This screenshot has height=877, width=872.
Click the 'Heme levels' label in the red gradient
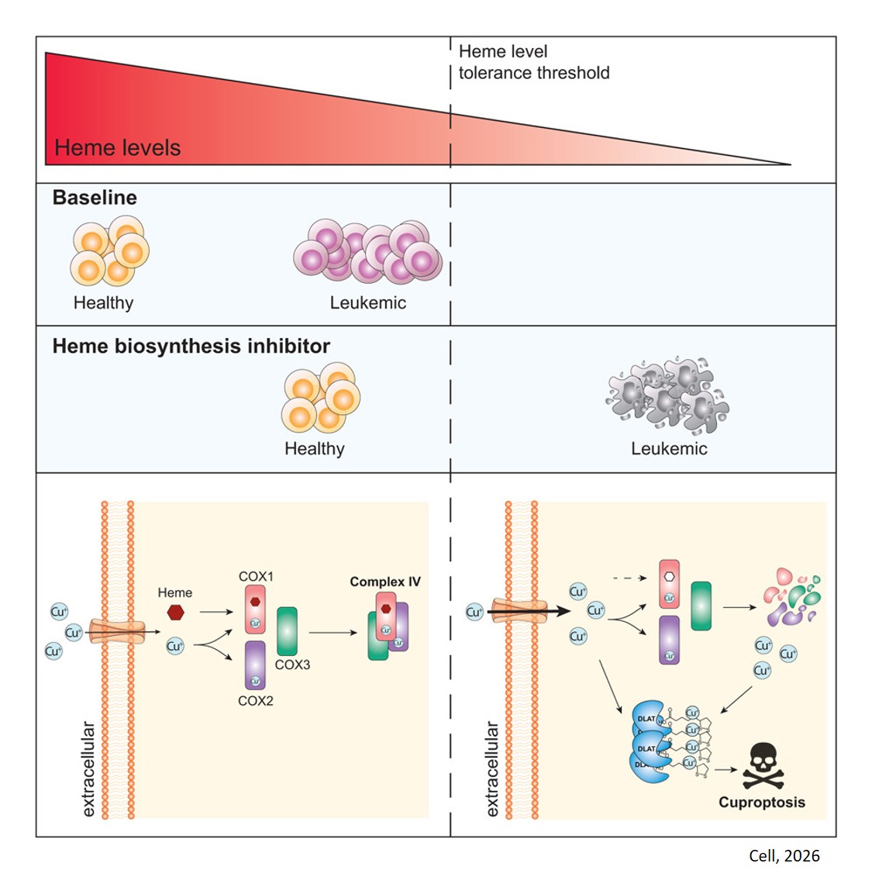[x=117, y=147]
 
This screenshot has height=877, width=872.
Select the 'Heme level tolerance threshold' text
[x=533, y=62]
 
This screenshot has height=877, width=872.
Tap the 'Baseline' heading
[x=95, y=198]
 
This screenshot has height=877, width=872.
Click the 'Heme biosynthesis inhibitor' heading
[x=191, y=346]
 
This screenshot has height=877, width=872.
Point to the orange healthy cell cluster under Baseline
[x=109, y=251]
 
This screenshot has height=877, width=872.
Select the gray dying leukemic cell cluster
[x=667, y=393]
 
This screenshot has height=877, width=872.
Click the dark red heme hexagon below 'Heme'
[x=175, y=612]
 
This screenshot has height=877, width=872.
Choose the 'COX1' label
[x=256, y=576]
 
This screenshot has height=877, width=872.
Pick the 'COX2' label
[x=256, y=700]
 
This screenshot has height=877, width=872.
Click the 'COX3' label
[x=292, y=665]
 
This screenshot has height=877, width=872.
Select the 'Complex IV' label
[x=385, y=582]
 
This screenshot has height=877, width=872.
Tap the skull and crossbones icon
[x=763, y=767]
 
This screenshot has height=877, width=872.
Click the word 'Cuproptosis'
[x=761, y=803]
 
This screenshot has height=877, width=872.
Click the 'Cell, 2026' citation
[x=784, y=855]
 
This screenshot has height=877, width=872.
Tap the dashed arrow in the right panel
[x=629, y=578]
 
